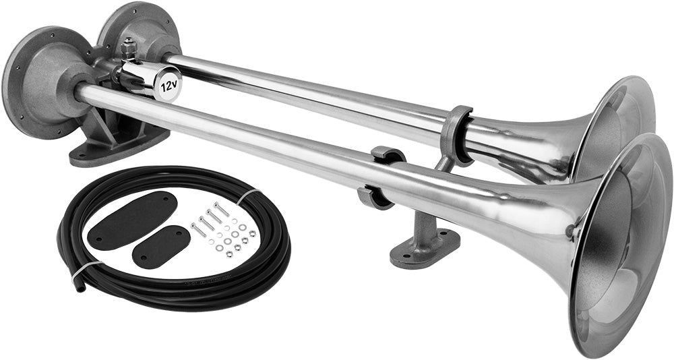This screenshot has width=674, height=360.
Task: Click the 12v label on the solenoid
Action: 169,86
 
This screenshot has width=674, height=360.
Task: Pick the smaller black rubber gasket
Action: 160,247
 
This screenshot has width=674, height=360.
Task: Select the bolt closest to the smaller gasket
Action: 199,230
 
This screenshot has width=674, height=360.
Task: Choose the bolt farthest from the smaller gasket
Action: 222,210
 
